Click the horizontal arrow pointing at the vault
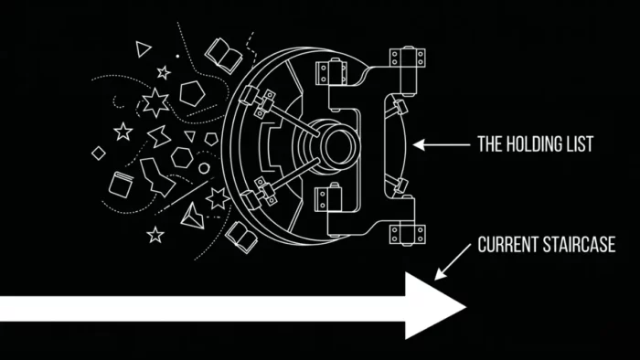tap(442, 144)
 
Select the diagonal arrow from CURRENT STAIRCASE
tap(453, 262)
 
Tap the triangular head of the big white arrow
tap(435, 306)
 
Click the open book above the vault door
tap(224, 56)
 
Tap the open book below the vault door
tap(241, 238)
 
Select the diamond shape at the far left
tap(99, 154)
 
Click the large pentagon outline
tap(192, 94)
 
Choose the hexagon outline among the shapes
tap(182, 157)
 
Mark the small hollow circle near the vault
tap(204, 168)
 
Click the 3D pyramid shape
tap(193, 216)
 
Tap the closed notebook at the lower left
tap(121, 185)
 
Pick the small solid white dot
tap(177, 57)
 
